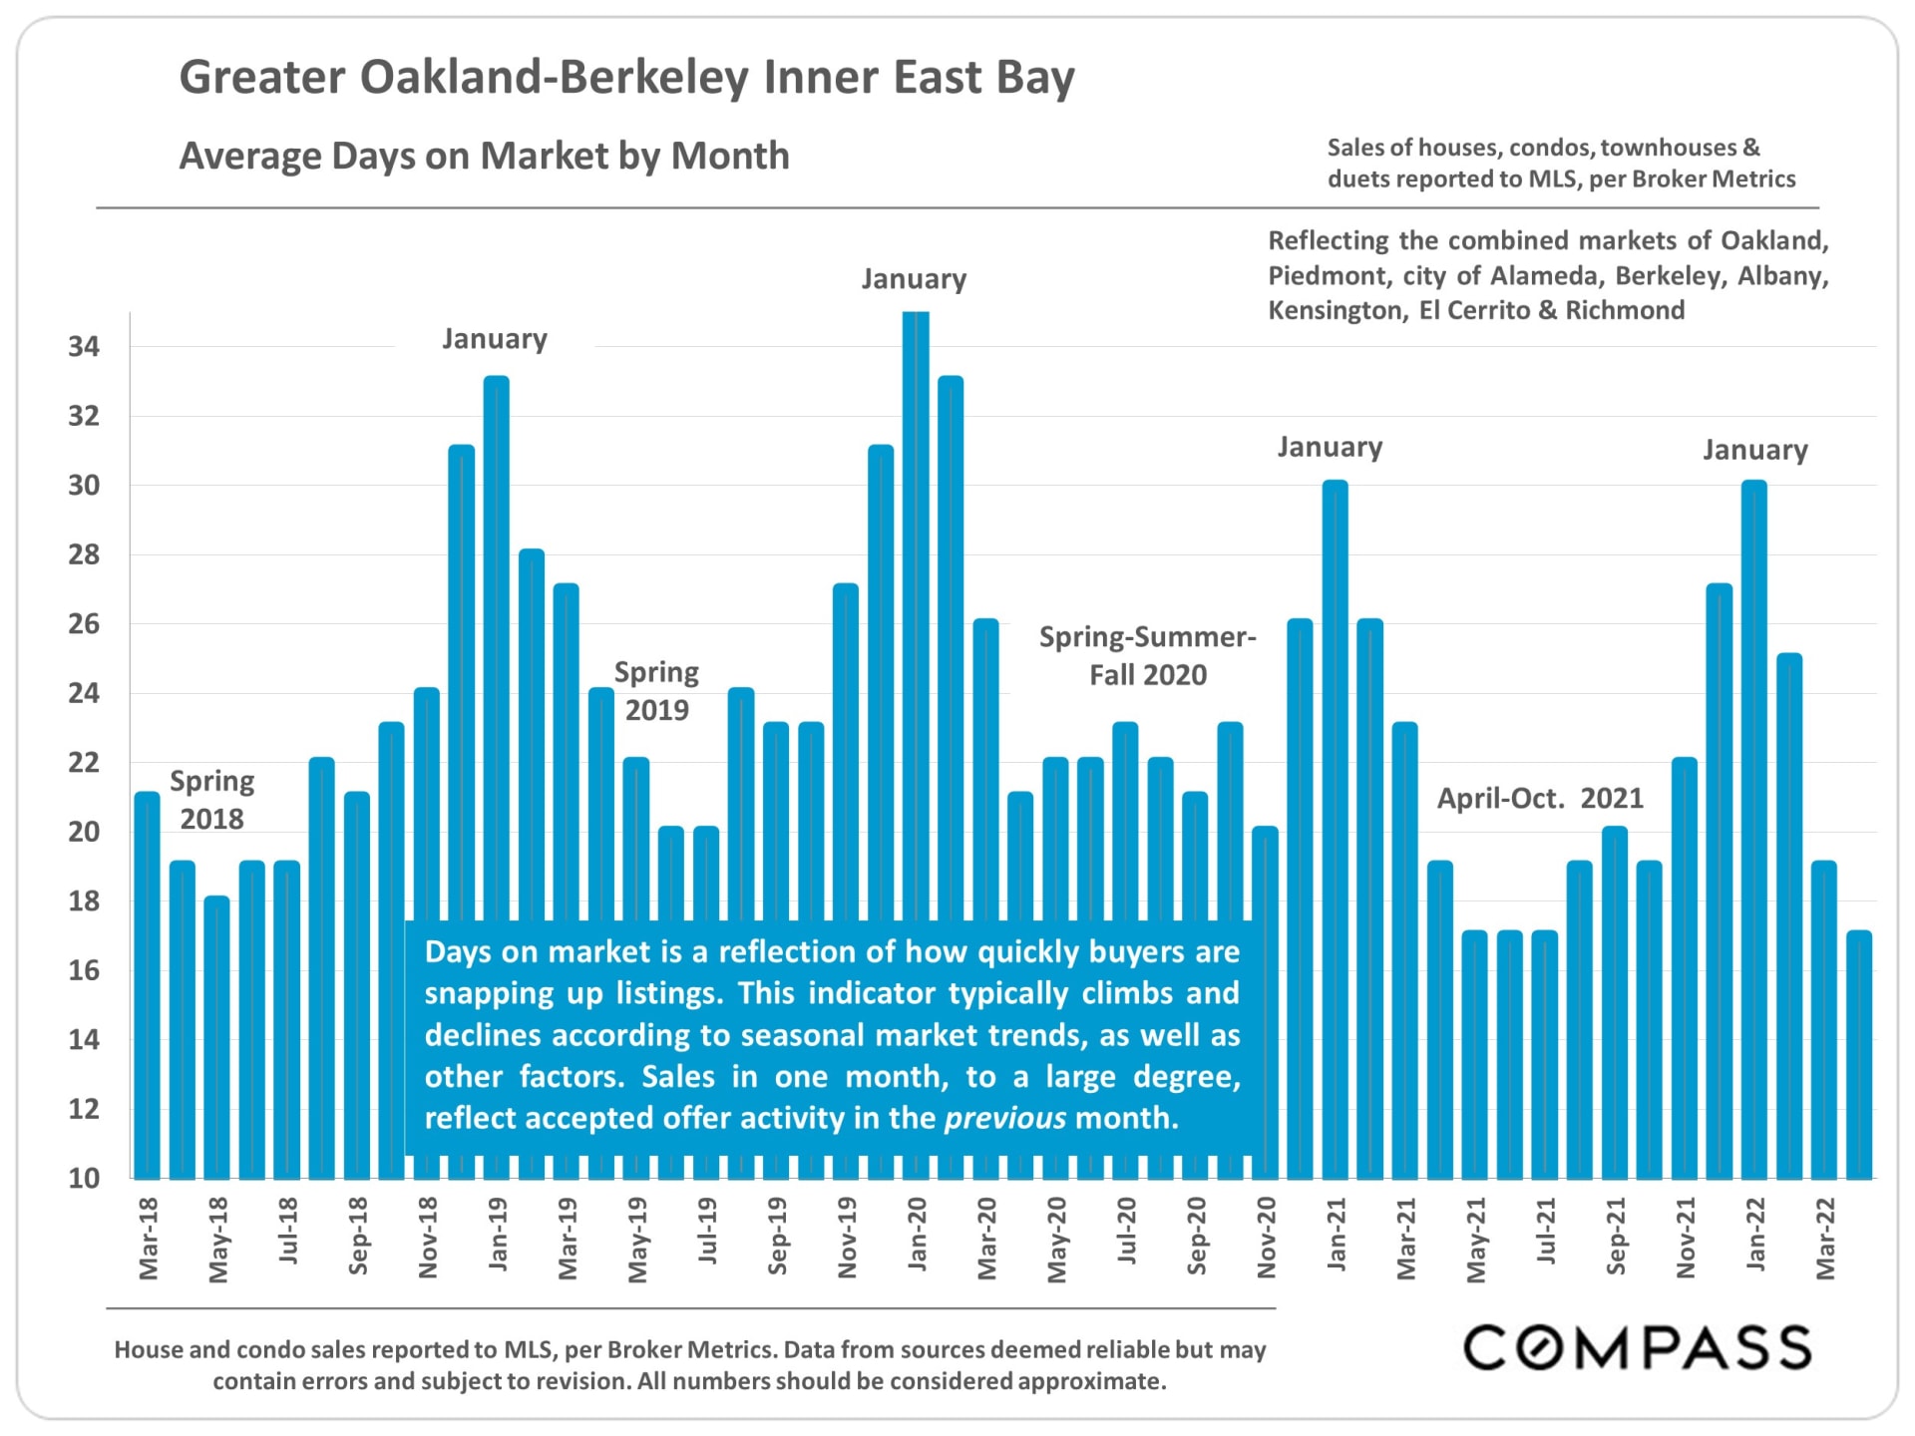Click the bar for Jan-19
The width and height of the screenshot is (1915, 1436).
pos(496,648)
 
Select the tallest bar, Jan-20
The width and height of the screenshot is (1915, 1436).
pos(916,618)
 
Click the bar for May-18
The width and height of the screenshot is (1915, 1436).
pos(216,1037)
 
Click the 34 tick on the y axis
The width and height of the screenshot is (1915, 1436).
pos(84,347)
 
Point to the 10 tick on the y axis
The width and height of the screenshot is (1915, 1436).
pos(84,1178)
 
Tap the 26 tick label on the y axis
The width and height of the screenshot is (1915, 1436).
pos(84,624)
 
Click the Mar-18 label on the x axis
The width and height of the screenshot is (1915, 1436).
pos(149,1238)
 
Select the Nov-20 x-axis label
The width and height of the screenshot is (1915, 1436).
pos(1266,1238)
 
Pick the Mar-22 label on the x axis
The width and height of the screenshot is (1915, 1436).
pos(1825,1238)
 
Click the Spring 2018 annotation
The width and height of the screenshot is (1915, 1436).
pos(211,800)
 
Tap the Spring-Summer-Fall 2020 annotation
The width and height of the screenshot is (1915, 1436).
pos(1147,656)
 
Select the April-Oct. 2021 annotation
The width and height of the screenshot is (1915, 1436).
pos(1540,798)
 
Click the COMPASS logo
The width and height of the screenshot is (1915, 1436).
pos(1637,1347)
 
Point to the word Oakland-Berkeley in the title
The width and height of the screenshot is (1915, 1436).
pos(554,78)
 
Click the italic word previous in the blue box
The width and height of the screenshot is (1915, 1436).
pos(1004,1118)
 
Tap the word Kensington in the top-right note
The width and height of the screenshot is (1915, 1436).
pos(1337,310)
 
